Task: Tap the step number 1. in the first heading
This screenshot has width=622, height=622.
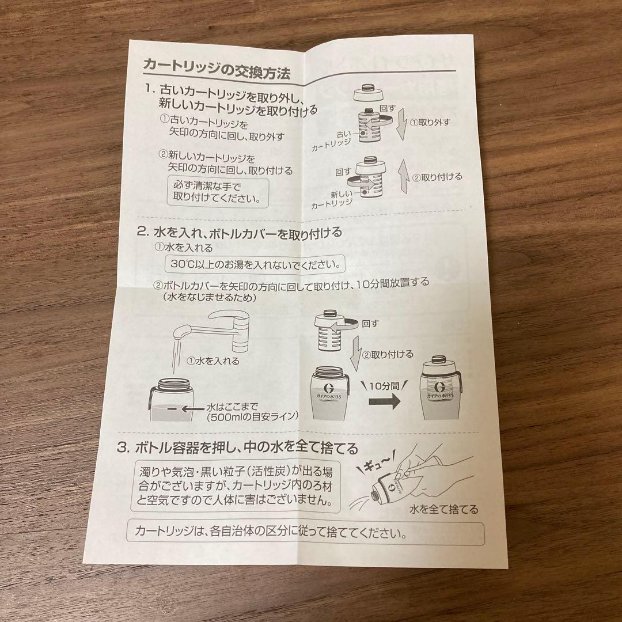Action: point(150,90)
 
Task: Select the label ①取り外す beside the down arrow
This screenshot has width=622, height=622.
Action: point(429,122)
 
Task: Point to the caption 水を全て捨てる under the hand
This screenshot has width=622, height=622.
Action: point(444,509)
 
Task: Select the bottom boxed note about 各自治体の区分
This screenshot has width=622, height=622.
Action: point(305,533)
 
